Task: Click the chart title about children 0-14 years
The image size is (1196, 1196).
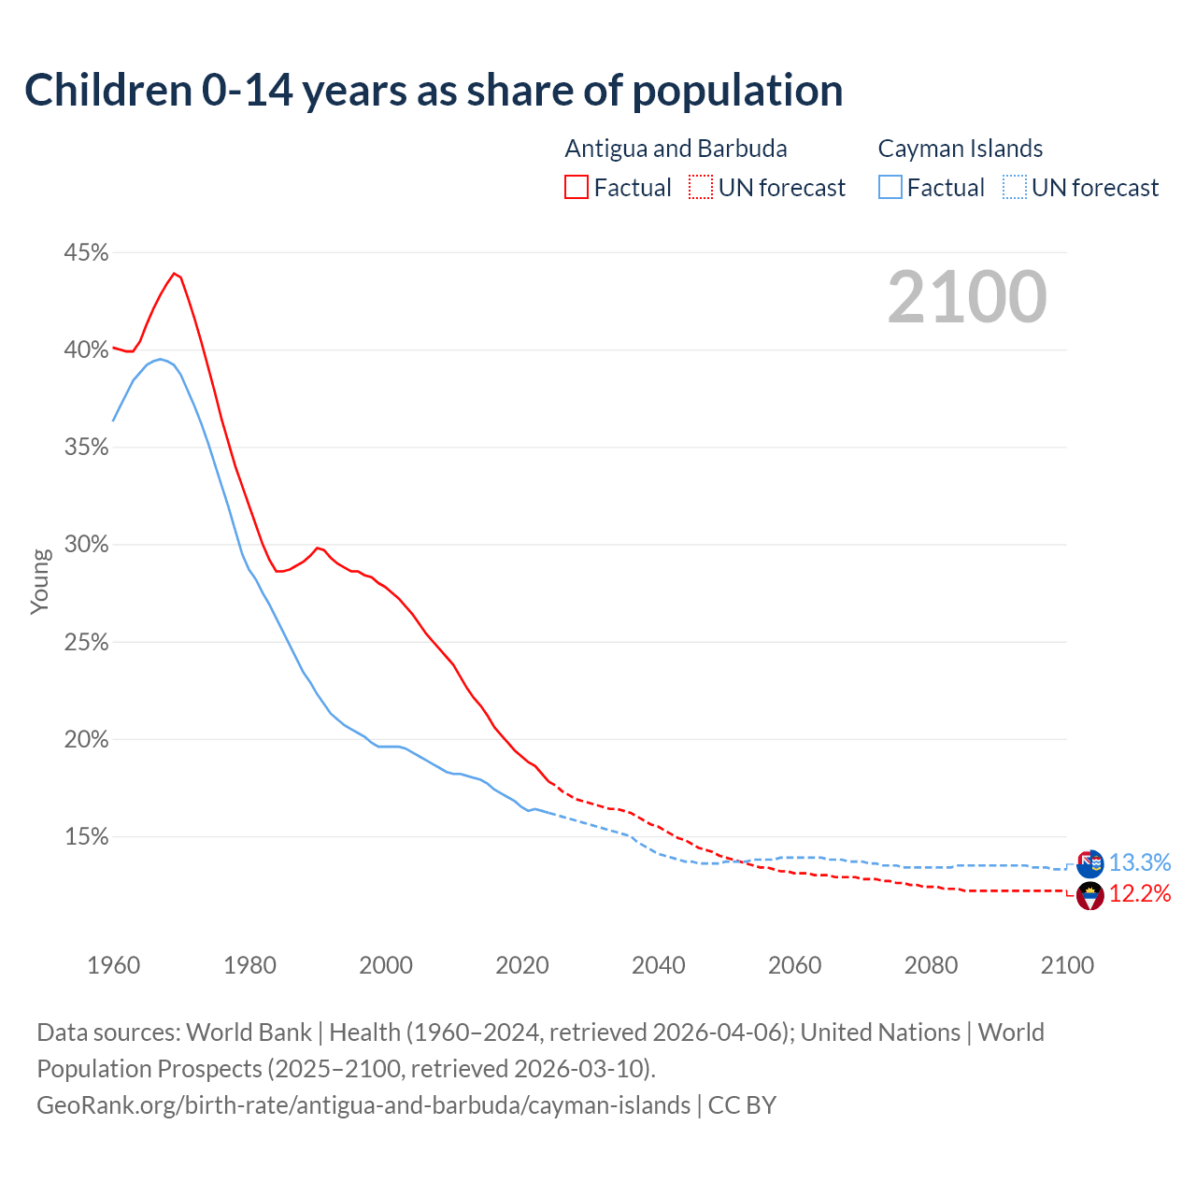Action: (434, 91)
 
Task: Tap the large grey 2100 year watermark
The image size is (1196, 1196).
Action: (967, 297)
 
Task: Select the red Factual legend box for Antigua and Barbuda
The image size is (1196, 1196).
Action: (577, 188)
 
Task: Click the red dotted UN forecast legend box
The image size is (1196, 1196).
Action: (701, 188)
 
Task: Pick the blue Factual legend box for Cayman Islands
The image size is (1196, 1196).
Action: (890, 188)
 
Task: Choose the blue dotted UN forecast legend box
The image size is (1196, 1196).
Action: (1014, 188)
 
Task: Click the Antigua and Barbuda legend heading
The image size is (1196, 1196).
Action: (676, 149)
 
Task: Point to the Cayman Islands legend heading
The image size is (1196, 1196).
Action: (960, 149)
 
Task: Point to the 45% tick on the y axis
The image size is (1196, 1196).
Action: (86, 253)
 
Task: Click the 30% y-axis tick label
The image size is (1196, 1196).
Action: (86, 545)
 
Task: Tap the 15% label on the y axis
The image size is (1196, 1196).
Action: (86, 837)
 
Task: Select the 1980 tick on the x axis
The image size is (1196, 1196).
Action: (249, 965)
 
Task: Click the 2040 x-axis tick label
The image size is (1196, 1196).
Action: (659, 965)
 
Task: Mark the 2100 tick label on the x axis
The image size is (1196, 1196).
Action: (1067, 965)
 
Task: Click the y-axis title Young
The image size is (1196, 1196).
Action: (40, 581)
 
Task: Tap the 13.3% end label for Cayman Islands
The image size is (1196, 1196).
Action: (1139, 862)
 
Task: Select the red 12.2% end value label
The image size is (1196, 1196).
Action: (1139, 894)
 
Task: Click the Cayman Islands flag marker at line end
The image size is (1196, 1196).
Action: (1089, 863)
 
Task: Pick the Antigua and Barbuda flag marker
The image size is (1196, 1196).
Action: (1089, 895)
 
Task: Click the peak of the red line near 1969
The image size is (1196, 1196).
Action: (174, 273)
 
